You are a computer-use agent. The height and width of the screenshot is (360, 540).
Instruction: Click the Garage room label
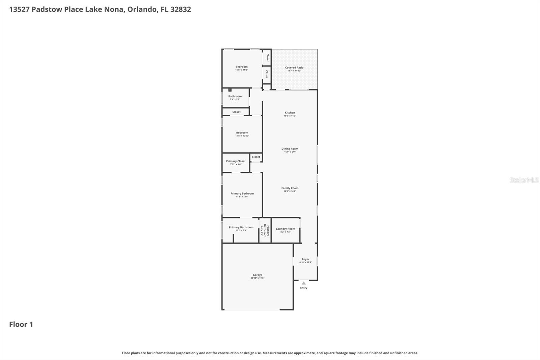pos(257,275)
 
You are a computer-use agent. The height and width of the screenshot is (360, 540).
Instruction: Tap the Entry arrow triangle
pos(304,283)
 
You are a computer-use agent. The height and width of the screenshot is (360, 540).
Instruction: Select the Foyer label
pos(305,259)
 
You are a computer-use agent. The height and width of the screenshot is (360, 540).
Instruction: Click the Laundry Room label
pos(285,229)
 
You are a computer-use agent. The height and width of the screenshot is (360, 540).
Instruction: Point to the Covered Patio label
pos(294,68)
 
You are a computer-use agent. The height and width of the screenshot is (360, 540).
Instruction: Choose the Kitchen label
pos(290,113)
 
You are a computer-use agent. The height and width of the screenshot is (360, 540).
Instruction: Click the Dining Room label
pos(290,149)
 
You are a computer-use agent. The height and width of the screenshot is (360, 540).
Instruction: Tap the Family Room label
pos(290,188)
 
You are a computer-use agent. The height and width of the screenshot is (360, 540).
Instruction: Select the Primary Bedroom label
pos(242,194)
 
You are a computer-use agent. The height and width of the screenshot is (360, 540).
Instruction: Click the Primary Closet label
pos(236,161)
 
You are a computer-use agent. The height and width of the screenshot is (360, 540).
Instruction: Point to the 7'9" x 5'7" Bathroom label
pos(235,96)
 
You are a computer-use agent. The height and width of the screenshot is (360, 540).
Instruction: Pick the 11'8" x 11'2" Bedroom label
pos(241,67)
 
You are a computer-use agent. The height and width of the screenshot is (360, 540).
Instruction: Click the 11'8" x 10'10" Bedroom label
pos(242,133)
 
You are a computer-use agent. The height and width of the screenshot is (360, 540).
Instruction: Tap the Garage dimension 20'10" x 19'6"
pos(257,278)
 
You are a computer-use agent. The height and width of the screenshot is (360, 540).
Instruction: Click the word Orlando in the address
pos(142,9)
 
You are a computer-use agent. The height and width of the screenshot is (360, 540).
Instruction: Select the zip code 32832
pos(181,9)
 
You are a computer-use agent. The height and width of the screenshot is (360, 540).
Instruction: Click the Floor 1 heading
pos(21,324)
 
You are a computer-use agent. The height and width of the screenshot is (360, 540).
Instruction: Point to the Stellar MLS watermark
pos(524,180)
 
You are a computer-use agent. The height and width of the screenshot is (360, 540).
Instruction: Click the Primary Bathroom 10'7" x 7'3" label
pos(241,227)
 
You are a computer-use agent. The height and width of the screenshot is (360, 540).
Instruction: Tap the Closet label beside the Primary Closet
pos(256,157)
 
